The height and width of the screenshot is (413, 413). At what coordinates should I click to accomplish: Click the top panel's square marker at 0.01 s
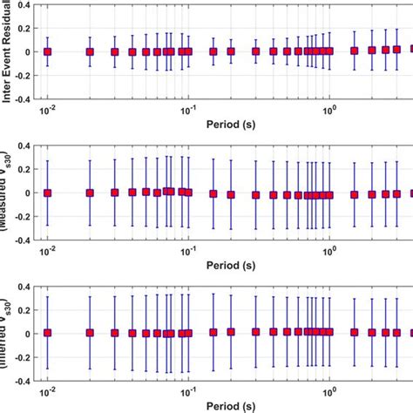tap(48, 51)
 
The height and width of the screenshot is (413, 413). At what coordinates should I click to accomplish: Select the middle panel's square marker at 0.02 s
tap(90, 193)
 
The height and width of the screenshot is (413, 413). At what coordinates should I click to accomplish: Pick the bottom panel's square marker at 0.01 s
tap(48, 333)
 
